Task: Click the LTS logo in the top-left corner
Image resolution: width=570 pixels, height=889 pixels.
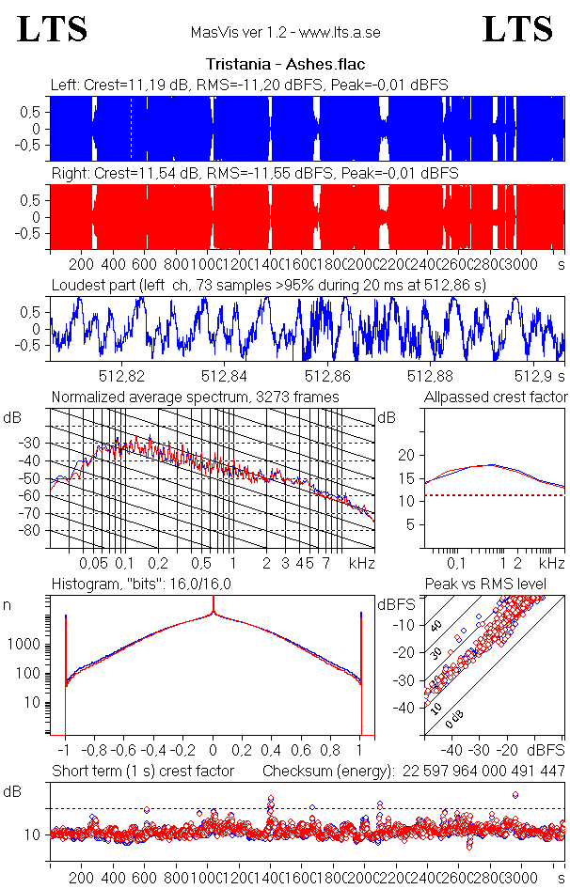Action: (x=53, y=29)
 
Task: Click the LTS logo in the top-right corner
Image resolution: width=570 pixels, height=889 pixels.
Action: (x=517, y=29)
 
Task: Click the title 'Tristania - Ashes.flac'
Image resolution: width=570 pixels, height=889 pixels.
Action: (x=284, y=65)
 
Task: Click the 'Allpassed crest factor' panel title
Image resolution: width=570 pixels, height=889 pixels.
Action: (x=496, y=397)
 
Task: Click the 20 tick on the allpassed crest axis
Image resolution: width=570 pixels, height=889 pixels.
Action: (x=406, y=455)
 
